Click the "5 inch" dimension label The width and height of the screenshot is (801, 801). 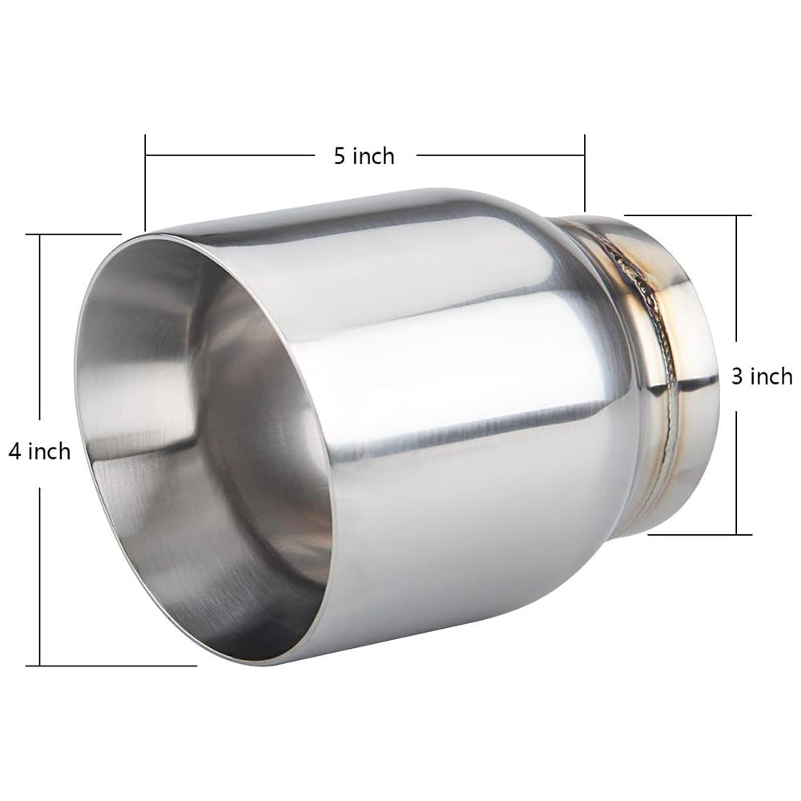[364, 155]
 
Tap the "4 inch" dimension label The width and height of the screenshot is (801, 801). [39, 452]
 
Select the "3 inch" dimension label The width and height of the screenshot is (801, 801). [761, 376]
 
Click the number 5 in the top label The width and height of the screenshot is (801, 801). [340, 155]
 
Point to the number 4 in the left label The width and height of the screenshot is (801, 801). [14, 452]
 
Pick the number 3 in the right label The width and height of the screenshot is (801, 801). [736, 376]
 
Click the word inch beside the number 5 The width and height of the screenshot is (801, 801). [375, 155]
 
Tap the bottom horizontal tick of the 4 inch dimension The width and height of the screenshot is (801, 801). [112, 665]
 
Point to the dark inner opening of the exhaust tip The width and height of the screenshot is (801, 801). [264, 449]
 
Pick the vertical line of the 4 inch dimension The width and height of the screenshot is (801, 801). [39, 336]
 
